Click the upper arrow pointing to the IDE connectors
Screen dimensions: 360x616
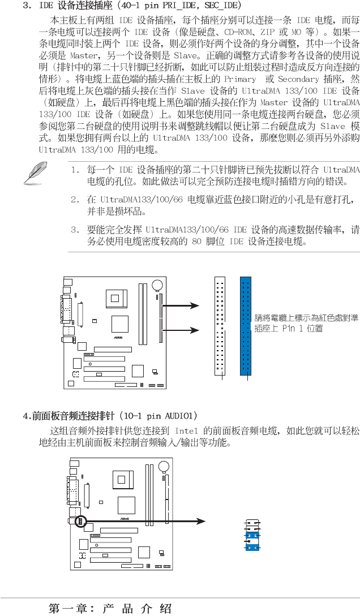coord(180,306)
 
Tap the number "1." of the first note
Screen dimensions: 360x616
coord(75,170)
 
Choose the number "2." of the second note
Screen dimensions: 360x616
coord(75,200)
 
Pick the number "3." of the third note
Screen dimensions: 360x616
coord(75,230)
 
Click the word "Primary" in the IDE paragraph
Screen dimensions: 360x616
coord(240,79)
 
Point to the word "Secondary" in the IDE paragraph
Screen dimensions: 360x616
coord(299,79)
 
